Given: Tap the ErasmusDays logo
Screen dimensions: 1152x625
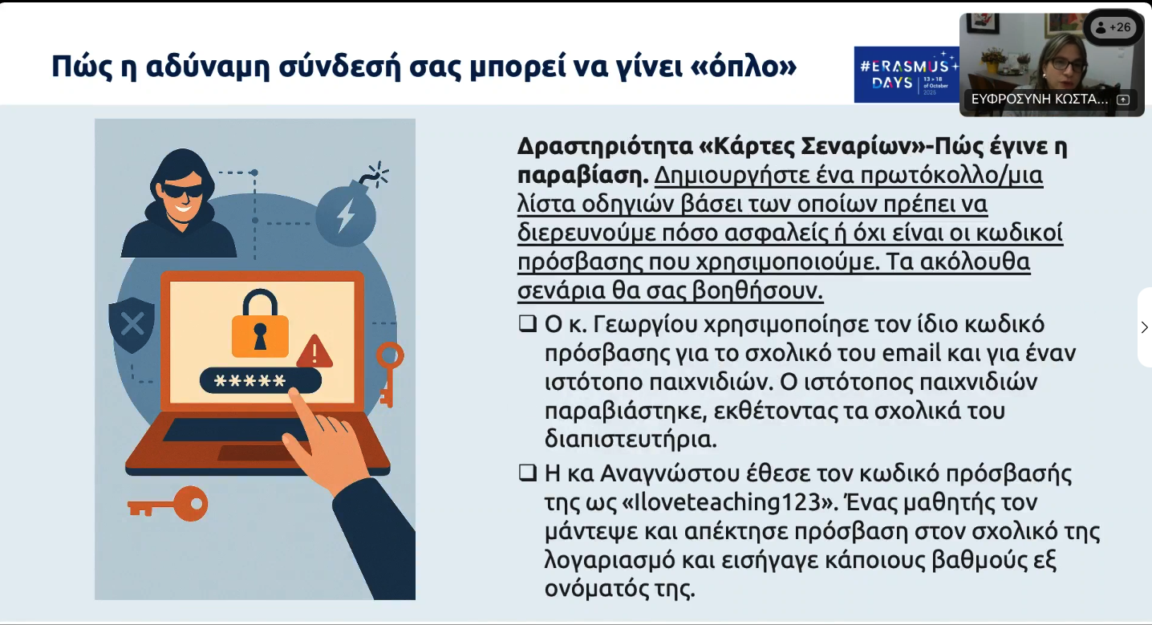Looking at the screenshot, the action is click(907, 75).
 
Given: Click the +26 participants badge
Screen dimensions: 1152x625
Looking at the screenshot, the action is click(1113, 28).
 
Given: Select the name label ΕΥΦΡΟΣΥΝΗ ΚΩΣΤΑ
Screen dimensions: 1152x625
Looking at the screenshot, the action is click(1039, 99).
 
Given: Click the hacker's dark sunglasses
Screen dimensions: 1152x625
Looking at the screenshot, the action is click(182, 190).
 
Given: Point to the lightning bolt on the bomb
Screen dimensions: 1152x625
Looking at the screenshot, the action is click(346, 215).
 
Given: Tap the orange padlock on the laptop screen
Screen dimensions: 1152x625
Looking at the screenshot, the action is click(260, 324).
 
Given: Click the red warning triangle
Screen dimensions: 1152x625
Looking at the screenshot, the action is click(314, 352).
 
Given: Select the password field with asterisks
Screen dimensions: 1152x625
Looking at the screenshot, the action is click(260, 380).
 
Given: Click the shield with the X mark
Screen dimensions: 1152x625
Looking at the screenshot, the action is click(132, 325).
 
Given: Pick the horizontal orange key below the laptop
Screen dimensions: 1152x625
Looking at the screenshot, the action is click(168, 504).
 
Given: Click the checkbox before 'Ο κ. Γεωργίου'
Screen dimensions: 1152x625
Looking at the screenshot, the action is click(528, 324).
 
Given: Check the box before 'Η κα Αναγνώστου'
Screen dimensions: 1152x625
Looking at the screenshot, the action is click(528, 473).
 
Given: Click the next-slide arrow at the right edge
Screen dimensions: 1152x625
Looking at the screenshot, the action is click(1144, 327).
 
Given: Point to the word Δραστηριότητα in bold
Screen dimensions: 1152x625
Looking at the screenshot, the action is click(605, 147).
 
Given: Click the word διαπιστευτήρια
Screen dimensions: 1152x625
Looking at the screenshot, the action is click(631, 440).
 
